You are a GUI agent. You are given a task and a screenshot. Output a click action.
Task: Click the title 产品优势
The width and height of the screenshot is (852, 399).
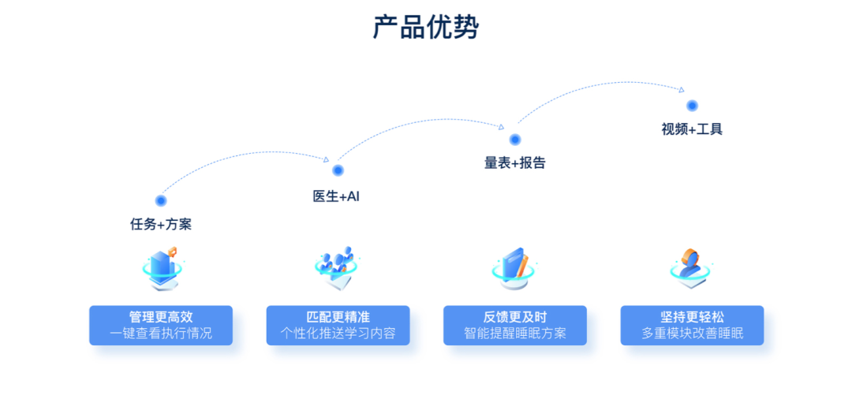click(426, 28)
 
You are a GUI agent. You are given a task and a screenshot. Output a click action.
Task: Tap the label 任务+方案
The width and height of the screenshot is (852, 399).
click(161, 224)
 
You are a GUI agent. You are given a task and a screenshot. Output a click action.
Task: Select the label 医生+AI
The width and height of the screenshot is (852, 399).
click(336, 196)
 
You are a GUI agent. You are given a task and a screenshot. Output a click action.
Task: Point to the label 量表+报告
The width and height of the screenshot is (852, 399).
click(514, 163)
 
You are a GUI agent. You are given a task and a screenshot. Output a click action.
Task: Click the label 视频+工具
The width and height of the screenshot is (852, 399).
click(692, 129)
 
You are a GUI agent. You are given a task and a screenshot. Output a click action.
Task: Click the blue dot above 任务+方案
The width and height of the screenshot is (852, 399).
click(161, 200)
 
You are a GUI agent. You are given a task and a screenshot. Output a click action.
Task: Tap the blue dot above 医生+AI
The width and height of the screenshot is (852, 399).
click(338, 170)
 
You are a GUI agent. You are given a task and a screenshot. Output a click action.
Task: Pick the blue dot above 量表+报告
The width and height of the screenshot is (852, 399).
click(515, 140)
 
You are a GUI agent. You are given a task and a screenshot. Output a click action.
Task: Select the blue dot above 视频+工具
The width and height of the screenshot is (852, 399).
click(692, 106)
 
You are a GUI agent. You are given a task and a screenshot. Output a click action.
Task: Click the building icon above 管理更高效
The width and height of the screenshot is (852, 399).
click(162, 268)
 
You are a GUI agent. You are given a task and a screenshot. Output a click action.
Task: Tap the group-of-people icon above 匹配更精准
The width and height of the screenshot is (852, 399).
click(337, 268)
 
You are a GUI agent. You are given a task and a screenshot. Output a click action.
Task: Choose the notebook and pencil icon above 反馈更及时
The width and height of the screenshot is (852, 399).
click(514, 268)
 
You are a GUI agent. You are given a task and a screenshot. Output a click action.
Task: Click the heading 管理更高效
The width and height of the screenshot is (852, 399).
click(161, 317)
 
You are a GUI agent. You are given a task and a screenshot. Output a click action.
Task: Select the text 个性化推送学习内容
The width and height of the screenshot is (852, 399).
click(338, 334)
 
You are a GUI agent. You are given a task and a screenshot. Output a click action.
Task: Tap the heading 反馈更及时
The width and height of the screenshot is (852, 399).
click(515, 317)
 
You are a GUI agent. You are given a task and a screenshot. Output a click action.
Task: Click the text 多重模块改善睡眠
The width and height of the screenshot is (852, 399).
click(692, 334)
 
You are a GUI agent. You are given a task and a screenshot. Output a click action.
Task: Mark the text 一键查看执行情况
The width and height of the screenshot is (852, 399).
click(161, 334)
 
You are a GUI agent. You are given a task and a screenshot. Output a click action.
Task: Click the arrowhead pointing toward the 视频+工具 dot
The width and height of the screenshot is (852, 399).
click(682, 90)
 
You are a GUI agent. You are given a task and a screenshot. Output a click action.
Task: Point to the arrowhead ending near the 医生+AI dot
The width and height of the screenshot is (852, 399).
click(326, 159)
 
